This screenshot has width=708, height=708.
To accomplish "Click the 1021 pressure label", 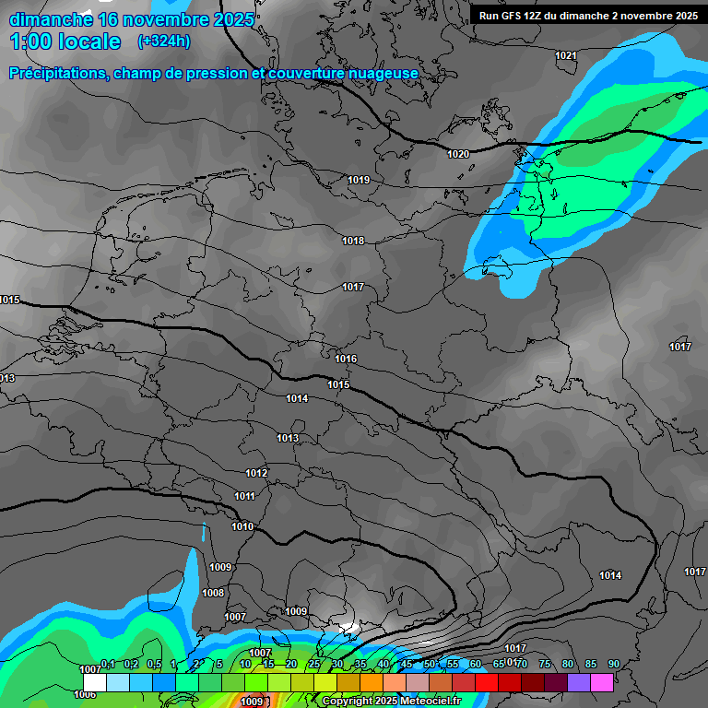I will [566, 56].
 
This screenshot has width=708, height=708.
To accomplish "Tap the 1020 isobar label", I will [457, 154].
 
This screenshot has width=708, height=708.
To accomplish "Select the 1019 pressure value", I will [359, 180].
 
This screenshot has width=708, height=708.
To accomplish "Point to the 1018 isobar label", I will [353, 241].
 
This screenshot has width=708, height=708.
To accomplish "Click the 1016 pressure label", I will [346, 359].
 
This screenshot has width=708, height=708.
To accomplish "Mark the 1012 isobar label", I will [256, 473].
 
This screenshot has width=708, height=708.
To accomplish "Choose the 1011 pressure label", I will [244, 496].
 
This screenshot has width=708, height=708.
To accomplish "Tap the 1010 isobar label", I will [242, 526].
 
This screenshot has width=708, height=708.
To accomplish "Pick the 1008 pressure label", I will [213, 593].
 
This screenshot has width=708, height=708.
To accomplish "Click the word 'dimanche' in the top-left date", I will [51, 19].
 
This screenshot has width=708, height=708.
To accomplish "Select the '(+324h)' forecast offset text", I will [164, 41].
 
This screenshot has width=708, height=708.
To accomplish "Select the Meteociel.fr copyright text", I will [392, 701].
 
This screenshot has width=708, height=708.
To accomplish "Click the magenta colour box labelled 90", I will [602, 682].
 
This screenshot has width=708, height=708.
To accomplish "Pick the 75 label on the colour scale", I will [545, 664].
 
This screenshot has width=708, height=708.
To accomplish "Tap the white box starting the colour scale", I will [94, 682].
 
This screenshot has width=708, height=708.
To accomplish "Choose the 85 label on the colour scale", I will [591, 664].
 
